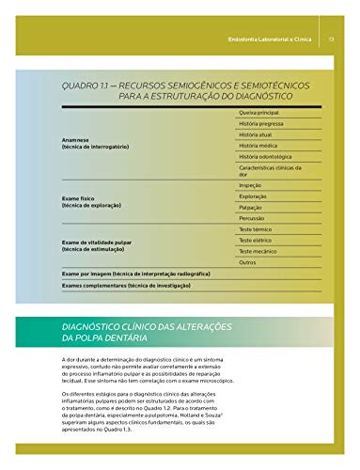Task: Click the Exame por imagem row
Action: point(135,273)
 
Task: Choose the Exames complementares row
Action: point(126,285)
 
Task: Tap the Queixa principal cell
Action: point(262,113)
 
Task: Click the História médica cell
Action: point(261,146)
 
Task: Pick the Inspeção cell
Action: point(251,185)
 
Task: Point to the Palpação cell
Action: point(252,208)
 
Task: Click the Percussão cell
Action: point(254,219)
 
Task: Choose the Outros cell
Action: point(248,262)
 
